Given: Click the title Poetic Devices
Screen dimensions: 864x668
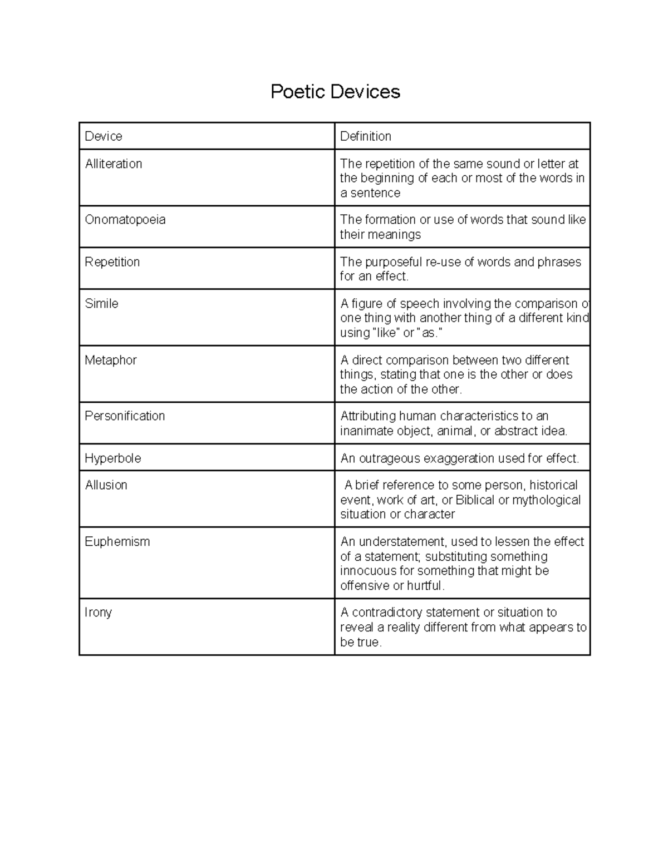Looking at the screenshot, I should (335, 92).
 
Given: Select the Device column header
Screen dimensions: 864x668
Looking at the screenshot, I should (104, 136).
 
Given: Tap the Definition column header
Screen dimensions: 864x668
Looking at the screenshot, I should (365, 136).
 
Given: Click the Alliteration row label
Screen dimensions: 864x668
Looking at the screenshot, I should (114, 164).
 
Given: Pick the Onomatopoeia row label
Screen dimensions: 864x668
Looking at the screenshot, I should (125, 220).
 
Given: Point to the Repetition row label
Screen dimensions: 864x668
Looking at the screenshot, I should (112, 262).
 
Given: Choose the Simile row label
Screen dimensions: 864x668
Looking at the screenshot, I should (101, 304).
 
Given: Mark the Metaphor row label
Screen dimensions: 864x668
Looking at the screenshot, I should (110, 361).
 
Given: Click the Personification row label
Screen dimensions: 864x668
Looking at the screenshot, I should (125, 416).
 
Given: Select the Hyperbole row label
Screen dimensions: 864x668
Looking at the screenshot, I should (112, 458).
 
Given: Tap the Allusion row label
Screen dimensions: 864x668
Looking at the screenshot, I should (106, 485).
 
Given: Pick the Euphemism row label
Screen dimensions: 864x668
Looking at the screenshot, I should (117, 542).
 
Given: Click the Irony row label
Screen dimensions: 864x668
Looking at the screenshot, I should (98, 613).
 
